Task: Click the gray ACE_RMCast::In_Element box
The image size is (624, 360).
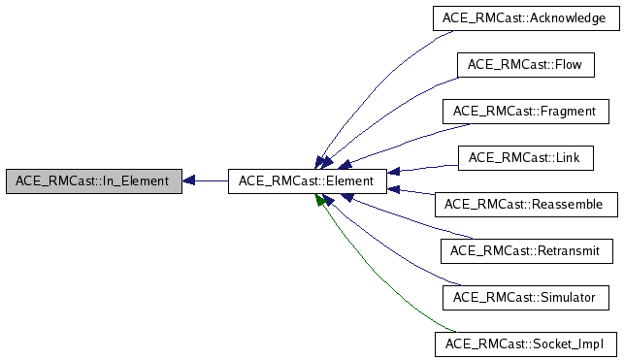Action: pyautogui.click(x=92, y=180)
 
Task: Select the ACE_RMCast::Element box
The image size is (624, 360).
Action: pyautogui.click(x=307, y=180)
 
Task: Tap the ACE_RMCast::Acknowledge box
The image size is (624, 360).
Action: pyautogui.click(x=524, y=17)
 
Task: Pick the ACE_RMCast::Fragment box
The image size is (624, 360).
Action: pyautogui.click(x=524, y=111)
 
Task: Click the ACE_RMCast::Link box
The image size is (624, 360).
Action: pyautogui.click(x=524, y=157)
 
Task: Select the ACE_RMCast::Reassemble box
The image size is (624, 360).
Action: pyautogui.click(x=524, y=204)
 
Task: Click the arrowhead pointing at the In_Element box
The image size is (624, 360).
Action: pyautogui.click(x=189, y=180)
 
